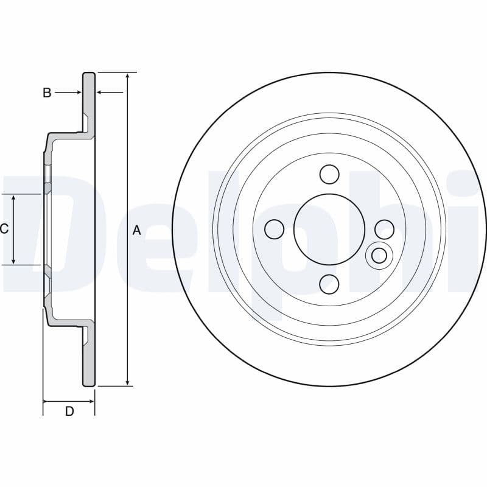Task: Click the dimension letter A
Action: pos(137,230)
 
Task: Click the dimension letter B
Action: pos(47,93)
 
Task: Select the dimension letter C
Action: pos(4,229)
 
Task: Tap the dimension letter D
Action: pos(69,412)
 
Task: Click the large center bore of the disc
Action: pos(329,229)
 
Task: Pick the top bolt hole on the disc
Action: pos(329,174)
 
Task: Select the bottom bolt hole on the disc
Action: pos(329,284)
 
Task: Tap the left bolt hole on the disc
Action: pos(275,229)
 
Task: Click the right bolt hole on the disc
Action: pos(385,229)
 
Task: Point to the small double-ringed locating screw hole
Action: pos(379,256)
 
